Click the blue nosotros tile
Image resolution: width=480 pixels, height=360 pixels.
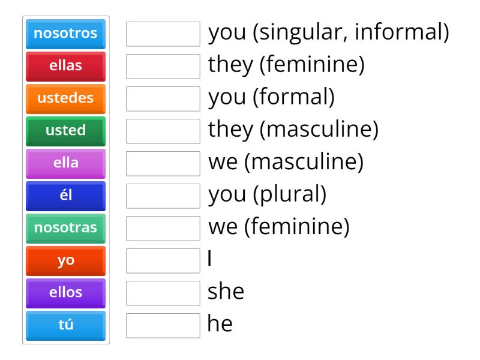65,34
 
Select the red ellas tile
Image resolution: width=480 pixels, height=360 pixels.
65,67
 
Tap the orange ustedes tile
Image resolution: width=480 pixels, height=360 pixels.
65,99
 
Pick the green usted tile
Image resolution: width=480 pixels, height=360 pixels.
65,131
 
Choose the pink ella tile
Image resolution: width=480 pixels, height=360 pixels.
65,164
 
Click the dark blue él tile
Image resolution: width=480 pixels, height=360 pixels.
65,196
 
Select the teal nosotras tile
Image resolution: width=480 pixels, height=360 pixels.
65,229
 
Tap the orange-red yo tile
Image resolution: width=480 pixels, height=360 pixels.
65,261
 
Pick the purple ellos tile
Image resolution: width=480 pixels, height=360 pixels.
65,293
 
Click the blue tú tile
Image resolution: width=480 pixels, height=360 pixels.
65,326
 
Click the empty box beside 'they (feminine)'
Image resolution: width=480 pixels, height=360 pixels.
163,67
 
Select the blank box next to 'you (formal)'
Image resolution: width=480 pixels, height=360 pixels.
163,99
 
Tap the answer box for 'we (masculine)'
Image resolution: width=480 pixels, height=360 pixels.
163,164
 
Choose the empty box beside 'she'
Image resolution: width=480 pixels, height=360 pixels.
163,293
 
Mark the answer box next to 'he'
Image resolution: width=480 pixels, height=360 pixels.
163,326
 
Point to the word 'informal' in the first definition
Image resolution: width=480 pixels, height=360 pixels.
398,32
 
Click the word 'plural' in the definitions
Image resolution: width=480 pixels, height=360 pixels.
290,195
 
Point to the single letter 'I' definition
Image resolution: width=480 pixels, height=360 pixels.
209,258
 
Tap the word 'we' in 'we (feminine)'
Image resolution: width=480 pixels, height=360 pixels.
223,227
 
